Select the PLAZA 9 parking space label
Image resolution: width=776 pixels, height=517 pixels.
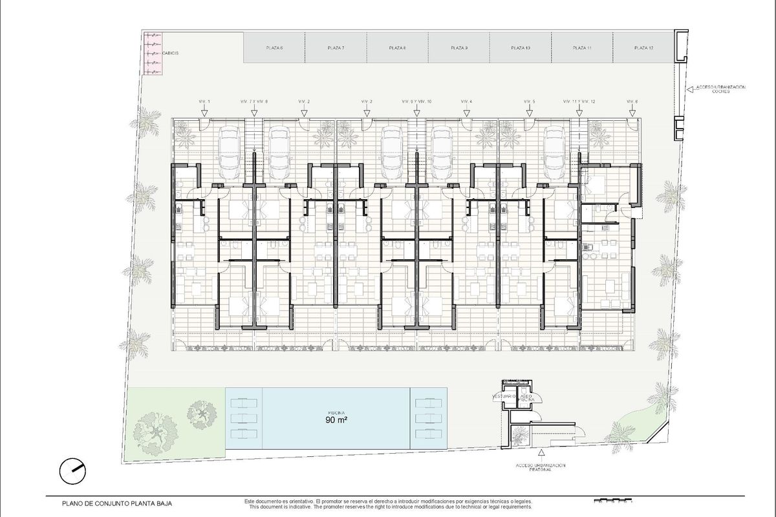(x=458, y=48)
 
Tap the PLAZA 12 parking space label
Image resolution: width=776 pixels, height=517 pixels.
(x=644, y=48)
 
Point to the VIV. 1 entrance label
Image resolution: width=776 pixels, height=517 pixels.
(x=204, y=102)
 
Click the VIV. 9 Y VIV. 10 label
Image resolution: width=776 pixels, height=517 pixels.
(x=416, y=102)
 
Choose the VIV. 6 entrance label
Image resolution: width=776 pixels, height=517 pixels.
(x=632, y=102)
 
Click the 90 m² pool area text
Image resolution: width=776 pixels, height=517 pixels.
(x=337, y=419)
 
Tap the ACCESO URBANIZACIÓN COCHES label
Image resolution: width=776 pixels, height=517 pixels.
(x=720, y=89)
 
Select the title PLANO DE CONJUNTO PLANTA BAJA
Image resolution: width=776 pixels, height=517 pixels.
(x=117, y=502)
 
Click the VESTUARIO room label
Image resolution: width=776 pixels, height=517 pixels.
(x=504, y=396)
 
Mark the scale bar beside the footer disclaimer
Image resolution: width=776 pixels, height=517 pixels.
(x=612, y=500)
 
